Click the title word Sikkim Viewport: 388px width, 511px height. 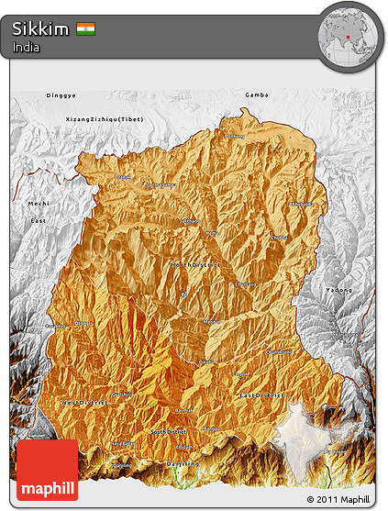[x=40, y=29]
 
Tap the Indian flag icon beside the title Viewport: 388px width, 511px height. [x=86, y=29]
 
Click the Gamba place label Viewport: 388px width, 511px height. [x=255, y=95]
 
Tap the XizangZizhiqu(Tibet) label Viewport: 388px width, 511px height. [x=105, y=120]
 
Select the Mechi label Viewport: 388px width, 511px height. [x=39, y=203]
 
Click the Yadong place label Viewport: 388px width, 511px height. [x=338, y=289]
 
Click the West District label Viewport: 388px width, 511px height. [x=84, y=402]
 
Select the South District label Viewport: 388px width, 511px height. [x=169, y=431]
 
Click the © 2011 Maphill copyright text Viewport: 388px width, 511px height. [x=338, y=499]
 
